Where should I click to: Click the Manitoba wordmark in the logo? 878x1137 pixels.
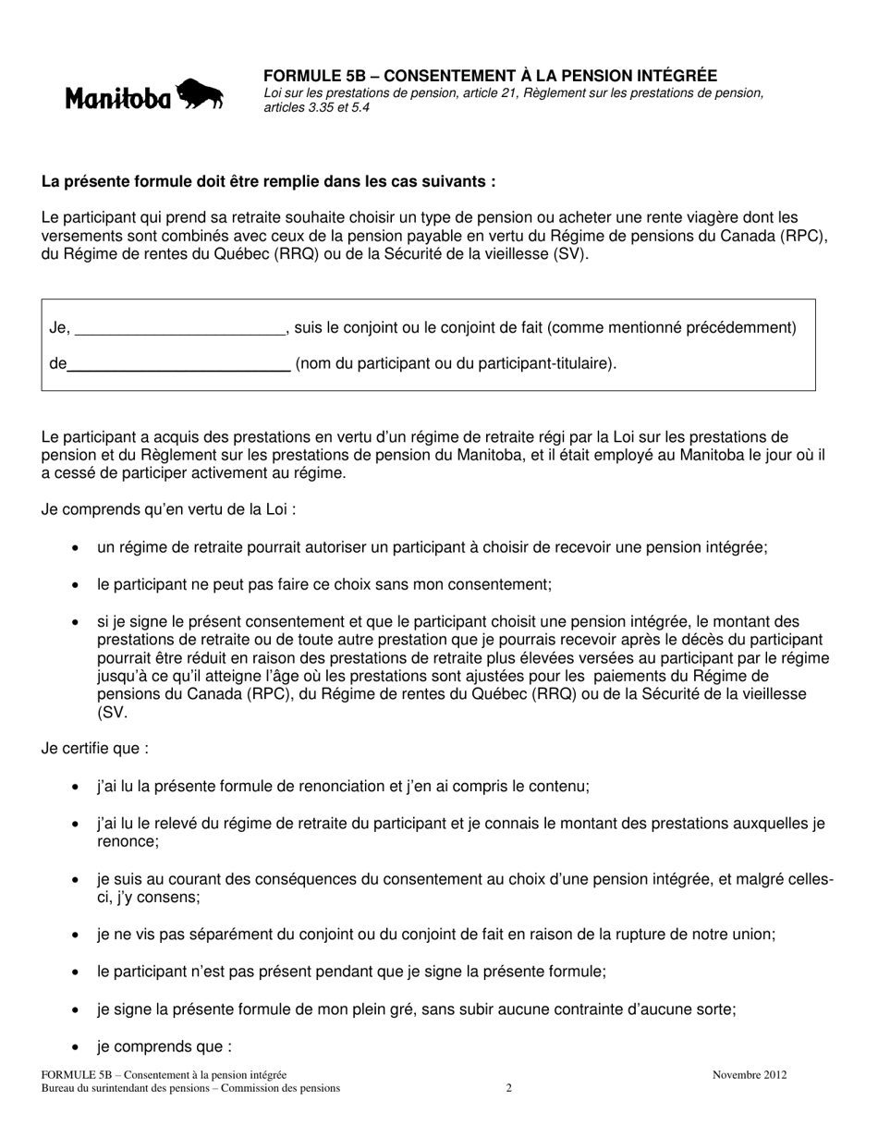(117, 98)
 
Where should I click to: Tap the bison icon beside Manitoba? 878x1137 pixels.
(200, 94)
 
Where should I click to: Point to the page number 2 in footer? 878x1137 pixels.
(509, 1088)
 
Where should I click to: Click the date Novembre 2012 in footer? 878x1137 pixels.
(750, 1075)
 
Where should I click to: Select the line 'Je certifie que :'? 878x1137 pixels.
(95, 749)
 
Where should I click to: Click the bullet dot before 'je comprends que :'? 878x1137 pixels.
(75, 1047)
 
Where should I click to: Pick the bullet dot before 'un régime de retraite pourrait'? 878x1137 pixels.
(75, 548)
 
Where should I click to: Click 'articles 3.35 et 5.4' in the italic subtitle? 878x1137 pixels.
(317, 107)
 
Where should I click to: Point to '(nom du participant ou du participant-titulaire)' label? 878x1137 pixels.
(455, 363)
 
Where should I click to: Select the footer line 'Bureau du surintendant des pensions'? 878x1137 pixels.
(190, 1088)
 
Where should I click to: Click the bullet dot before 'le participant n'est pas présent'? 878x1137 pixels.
(75, 972)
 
